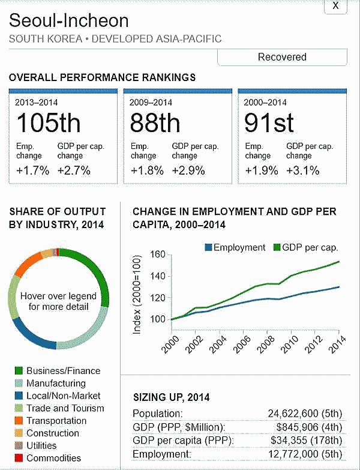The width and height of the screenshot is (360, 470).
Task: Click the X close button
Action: point(335,6)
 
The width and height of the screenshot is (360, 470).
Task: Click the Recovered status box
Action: point(282,57)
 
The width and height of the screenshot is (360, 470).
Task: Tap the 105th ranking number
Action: point(48,124)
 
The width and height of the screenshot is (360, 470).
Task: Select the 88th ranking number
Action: point(155,124)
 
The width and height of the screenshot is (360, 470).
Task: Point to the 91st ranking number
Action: point(269,124)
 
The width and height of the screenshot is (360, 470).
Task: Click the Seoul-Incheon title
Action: point(69,21)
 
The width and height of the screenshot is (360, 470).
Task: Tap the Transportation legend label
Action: point(56,421)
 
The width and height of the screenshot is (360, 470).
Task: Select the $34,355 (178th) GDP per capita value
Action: point(299,441)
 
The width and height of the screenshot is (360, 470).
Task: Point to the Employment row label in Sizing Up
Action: point(161,454)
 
